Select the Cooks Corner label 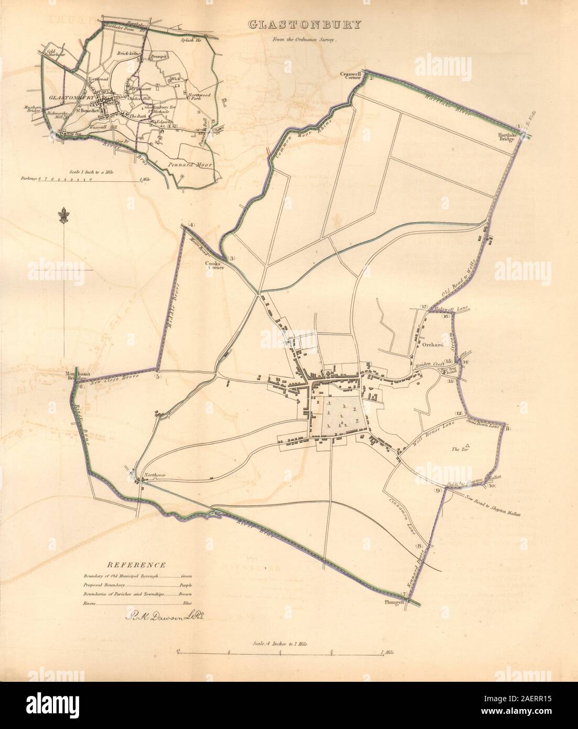click(215, 265)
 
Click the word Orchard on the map click(429, 346)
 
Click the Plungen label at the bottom click(395, 603)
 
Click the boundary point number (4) click(190, 226)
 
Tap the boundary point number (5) click(158, 376)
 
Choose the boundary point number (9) click(437, 491)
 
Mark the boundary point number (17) click(424, 307)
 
